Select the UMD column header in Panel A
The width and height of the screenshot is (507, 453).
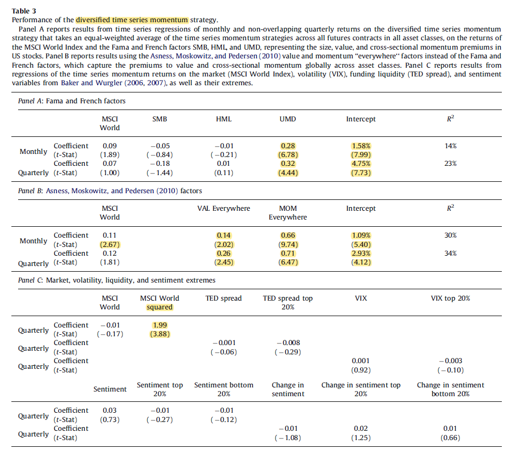[287, 119]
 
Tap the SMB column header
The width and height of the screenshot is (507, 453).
[160, 119]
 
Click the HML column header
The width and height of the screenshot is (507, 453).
[224, 119]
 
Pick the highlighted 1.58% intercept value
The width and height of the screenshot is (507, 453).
[361, 146]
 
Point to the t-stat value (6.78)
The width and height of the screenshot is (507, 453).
[288, 154]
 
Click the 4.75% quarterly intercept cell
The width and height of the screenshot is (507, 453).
[361, 163]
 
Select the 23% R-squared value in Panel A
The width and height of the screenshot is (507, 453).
[450, 163]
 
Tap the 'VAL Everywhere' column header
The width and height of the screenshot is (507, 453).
[224, 209]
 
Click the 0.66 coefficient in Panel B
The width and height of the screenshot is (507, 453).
[288, 236]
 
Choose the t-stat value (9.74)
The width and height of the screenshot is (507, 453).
[288, 244]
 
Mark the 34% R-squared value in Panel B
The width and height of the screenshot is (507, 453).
[450, 253]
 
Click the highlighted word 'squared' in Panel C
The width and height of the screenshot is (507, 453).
[160, 307]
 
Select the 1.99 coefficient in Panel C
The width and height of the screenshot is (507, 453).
[160, 325]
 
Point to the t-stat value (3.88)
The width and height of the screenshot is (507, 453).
[160, 334]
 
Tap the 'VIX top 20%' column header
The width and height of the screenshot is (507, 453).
[450, 298]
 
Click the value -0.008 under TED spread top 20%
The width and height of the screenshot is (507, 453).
[288, 343]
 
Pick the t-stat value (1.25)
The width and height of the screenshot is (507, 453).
[361, 438]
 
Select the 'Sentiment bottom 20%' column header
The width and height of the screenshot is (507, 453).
[224, 389]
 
